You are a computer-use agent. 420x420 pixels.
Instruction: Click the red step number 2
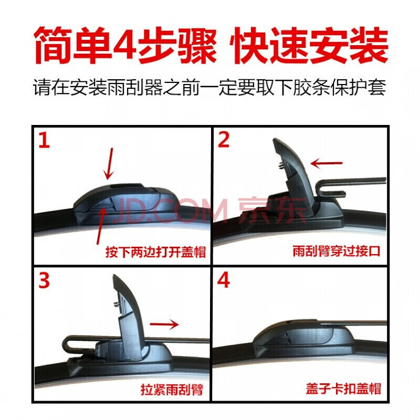point(224,141)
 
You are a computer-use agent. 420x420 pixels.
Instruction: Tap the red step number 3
point(45,282)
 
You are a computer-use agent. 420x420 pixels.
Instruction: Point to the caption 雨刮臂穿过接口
point(336,252)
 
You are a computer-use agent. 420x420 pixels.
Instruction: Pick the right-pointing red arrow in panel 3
point(163,324)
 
